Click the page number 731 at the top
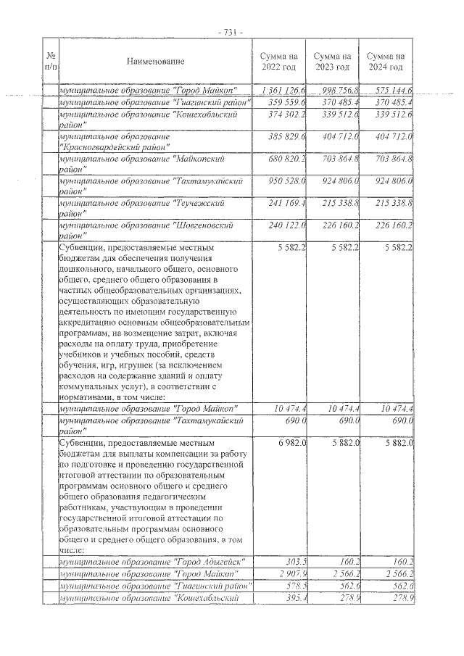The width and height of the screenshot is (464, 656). point(231,32)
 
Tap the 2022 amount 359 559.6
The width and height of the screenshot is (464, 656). point(286,102)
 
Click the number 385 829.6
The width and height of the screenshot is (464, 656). point(286,136)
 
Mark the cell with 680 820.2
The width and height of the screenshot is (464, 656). point(286,158)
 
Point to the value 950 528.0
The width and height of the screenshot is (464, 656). point(286,180)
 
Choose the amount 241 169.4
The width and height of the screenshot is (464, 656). point(286,202)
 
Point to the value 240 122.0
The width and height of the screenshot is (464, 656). point(286,225)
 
